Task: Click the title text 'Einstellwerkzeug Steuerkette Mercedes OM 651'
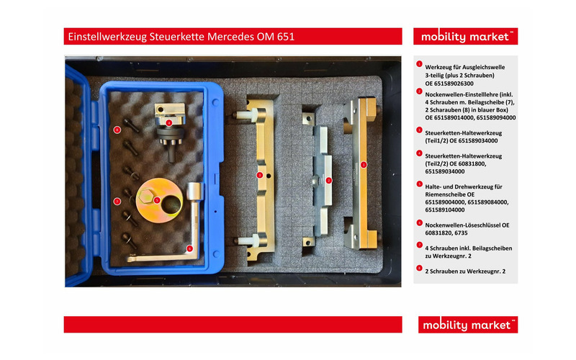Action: [181, 37]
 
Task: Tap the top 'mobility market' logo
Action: [465, 37]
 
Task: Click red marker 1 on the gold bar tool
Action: [364, 165]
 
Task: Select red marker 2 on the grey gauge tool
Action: [329, 181]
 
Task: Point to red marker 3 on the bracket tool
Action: [260, 175]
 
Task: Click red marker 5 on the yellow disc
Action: [157, 200]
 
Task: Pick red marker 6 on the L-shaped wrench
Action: [189, 248]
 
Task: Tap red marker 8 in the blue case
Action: [117, 130]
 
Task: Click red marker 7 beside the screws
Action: [117, 202]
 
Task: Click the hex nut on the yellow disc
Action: [146, 196]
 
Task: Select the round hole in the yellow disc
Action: [171, 204]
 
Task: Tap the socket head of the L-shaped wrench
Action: [194, 192]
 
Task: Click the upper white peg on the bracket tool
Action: [244, 114]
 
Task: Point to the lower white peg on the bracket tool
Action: [244, 240]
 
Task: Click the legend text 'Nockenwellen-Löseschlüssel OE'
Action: [467, 225]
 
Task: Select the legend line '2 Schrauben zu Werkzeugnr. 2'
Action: [465, 271]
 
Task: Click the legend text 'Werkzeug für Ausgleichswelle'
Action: [464, 67]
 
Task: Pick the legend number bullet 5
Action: [419, 184]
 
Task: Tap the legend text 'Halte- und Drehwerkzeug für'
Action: [464, 186]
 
